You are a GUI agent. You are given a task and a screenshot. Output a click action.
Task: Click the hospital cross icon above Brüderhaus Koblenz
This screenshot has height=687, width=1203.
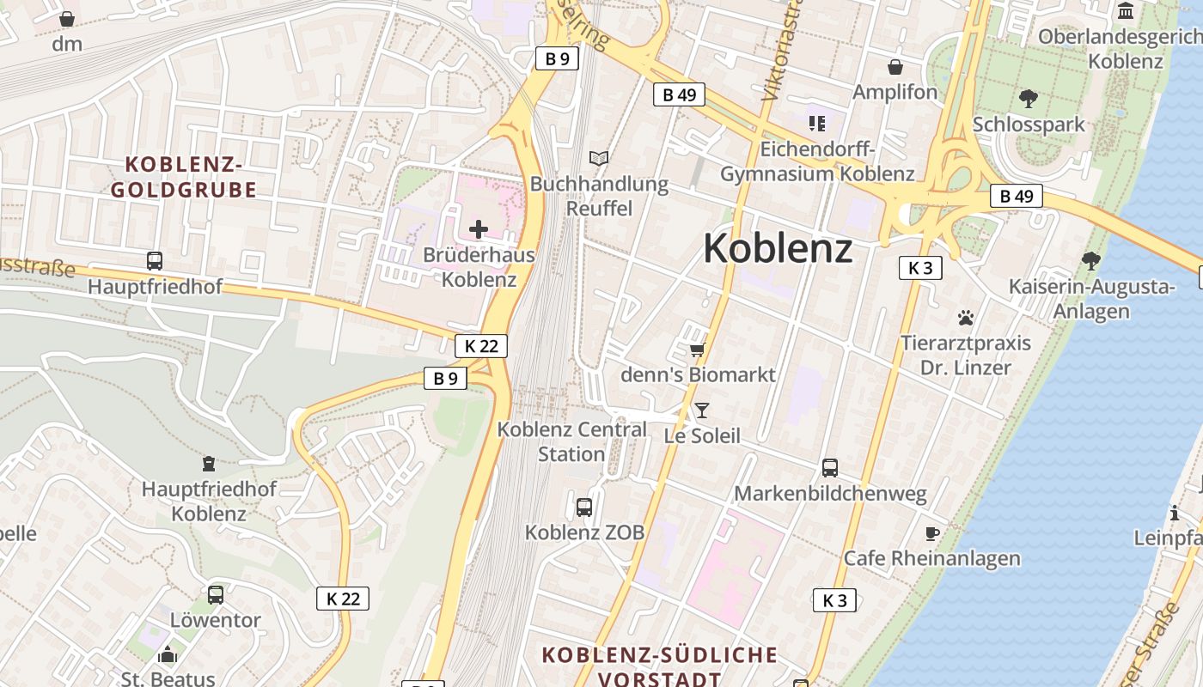(x=479, y=229)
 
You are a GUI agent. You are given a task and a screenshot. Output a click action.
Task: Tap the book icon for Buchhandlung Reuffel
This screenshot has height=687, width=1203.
(x=599, y=158)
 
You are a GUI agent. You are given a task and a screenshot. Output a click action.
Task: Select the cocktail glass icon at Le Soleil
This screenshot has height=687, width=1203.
(x=702, y=410)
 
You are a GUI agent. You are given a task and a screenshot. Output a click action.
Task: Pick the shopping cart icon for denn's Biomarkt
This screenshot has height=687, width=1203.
(x=697, y=350)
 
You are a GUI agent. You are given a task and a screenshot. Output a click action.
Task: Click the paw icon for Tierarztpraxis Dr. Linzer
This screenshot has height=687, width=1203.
(x=966, y=318)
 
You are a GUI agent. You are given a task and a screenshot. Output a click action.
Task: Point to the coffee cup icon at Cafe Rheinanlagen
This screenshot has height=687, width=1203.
(x=931, y=534)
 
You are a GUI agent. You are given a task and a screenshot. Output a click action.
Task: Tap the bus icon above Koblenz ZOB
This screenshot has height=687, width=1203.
(x=584, y=507)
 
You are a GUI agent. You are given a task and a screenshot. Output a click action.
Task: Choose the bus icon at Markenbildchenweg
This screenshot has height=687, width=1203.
(x=830, y=468)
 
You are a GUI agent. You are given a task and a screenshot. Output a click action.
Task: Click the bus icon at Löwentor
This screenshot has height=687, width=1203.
(x=215, y=594)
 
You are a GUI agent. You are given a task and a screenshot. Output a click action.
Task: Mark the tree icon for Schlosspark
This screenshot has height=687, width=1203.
(x=1028, y=99)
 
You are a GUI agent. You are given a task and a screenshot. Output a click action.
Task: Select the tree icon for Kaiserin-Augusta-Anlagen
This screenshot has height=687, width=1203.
(x=1091, y=260)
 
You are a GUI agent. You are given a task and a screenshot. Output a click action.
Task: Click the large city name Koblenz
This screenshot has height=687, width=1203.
(x=778, y=249)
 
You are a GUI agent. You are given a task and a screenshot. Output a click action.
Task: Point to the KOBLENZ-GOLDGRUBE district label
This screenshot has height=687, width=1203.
(x=184, y=177)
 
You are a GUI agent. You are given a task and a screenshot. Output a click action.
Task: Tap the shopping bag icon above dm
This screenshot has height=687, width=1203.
(x=67, y=19)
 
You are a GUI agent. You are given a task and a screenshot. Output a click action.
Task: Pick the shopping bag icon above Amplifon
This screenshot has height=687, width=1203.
(x=895, y=67)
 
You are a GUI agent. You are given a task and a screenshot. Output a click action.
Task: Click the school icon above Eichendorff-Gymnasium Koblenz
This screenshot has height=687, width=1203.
(x=816, y=124)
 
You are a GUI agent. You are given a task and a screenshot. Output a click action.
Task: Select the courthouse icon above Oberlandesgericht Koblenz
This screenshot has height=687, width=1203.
(x=1126, y=11)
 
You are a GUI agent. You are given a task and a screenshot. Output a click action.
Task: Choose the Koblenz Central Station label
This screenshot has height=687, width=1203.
(x=572, y=441)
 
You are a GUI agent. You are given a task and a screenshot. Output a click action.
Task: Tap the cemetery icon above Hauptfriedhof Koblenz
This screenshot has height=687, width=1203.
(x=208, y=465)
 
